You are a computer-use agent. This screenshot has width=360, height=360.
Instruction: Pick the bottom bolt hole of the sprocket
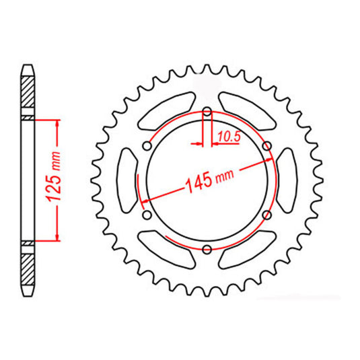[x=207, y=250]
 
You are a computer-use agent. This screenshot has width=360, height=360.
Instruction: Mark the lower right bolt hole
[x=266, y=215]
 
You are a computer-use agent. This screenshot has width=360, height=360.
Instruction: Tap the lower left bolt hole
[x=147, y=215]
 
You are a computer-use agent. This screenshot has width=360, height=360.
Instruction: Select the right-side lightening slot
[x=287, y=181]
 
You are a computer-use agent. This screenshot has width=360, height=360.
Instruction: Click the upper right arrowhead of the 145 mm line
[x=270, y=159]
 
